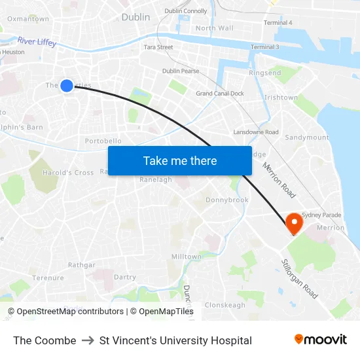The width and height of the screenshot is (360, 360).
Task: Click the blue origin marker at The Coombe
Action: click(67, 85)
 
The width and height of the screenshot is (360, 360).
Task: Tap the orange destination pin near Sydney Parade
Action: click(295, 223)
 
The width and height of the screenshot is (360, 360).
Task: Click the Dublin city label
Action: click(135, 17)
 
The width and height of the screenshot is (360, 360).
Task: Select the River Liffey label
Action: click(37, 42)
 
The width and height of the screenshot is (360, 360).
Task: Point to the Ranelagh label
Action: click(156, 179)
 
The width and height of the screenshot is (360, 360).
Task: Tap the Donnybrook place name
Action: click(227, 200)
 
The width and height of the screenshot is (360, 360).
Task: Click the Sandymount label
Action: click(306, 137)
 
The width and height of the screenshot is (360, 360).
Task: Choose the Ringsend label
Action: click(265, 73)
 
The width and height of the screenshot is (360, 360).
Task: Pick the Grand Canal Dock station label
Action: click(220, 94)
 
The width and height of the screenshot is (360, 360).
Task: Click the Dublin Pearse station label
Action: click(181, 71)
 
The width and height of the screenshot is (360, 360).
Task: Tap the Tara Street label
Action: click(158, 47)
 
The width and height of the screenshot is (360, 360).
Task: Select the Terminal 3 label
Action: click(264, 47)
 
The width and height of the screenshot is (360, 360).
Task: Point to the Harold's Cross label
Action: click(68, 173)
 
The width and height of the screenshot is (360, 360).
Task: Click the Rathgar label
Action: click(82, 265)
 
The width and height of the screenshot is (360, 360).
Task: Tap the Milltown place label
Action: click(187, 257)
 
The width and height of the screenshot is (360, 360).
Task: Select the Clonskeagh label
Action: click(225, 305)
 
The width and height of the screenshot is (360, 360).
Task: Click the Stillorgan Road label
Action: click(299, 278)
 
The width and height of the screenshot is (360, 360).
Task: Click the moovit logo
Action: click(320, 340)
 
